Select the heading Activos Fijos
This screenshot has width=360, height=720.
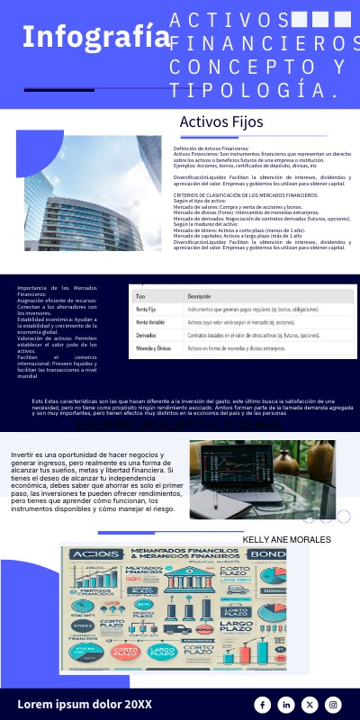tap(220, 121)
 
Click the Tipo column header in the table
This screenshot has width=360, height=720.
tap(140, 295)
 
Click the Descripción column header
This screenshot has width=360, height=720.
tap(199, 295)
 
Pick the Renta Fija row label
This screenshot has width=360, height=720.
tap(147, 309)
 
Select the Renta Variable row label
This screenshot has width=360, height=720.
tap(150, 321)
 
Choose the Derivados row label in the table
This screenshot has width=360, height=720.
tap(147, 335)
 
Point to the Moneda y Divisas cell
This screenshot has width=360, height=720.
tap(154, 347)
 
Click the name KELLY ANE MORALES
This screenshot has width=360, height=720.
tap(286, 540)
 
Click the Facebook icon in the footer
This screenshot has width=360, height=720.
tap(263, 705)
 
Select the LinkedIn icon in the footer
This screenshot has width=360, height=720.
tap(286, 705)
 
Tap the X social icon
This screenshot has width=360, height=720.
tap(310, 705)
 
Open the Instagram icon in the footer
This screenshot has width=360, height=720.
tap(333, 705)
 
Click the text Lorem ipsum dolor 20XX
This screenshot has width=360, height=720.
tap(85, 704)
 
